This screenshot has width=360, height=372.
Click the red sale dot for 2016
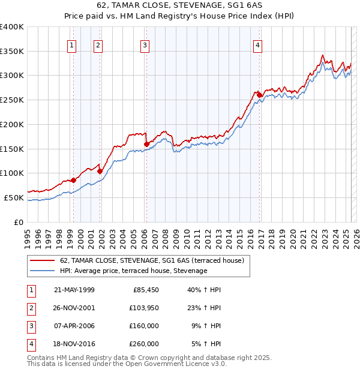259,95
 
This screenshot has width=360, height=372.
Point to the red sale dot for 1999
73,180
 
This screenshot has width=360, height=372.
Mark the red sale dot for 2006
146,143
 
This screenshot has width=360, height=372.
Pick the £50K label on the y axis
14,197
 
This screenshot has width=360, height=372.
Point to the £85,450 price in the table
145,290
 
